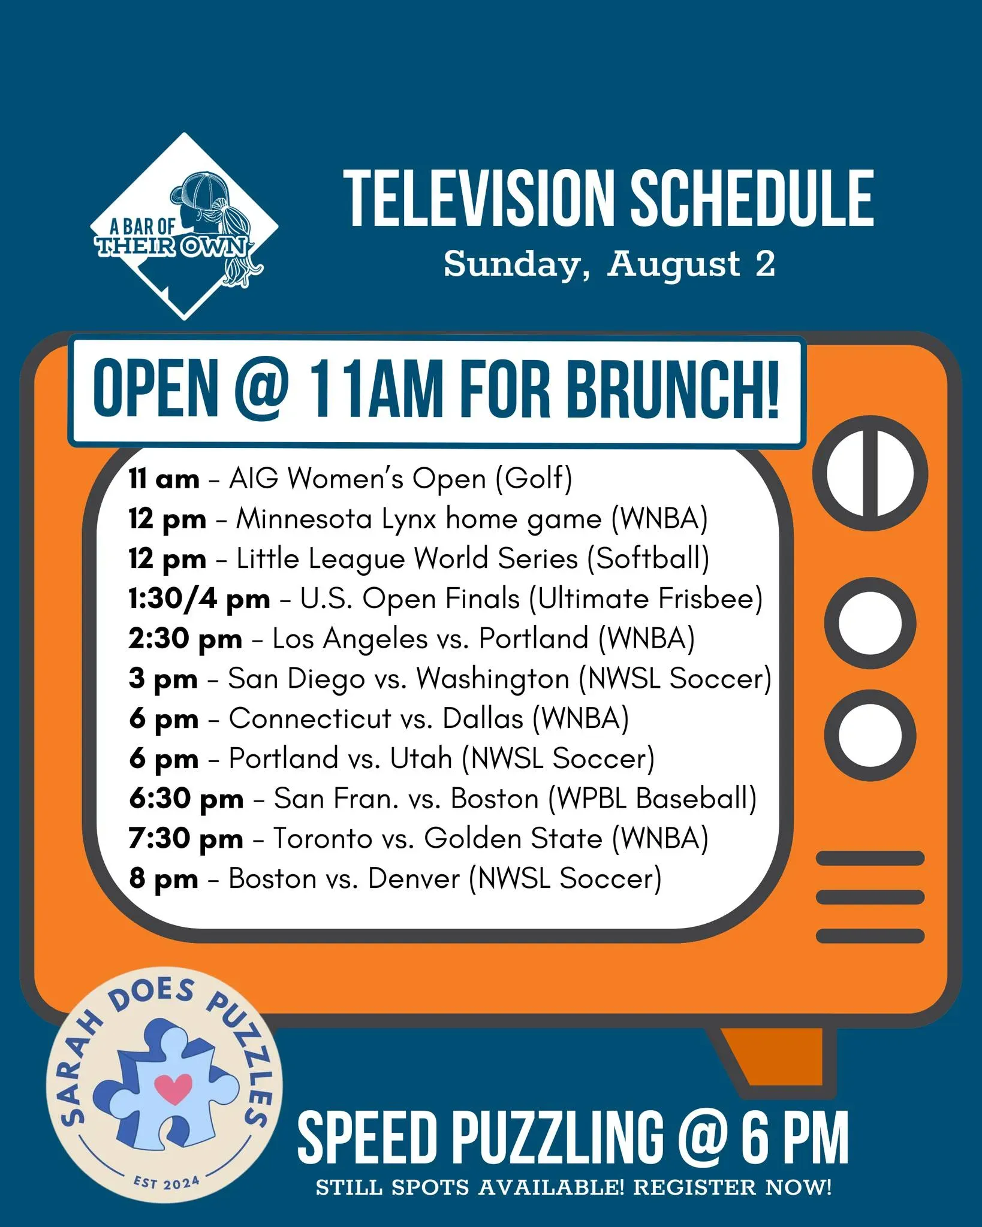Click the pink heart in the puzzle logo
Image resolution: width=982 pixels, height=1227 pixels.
click(173, 1089)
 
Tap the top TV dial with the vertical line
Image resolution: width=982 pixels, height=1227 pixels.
click(870, 473)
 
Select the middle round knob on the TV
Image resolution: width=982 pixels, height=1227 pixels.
click(870, 623)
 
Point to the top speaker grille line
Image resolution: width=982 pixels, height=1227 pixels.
click(870, 859)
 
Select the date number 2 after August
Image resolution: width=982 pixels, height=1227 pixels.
click(765, 264)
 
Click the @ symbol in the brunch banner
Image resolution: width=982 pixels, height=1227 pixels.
click(259, 389)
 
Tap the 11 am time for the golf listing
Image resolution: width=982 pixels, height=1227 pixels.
click(164, 479)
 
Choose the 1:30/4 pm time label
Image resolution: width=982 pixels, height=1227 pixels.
click(199, 599)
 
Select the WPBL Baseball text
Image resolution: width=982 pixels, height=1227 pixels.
click(652, 798)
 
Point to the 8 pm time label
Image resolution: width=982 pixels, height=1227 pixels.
click(164, 879)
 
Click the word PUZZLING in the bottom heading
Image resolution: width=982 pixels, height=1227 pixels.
click(558, 1137)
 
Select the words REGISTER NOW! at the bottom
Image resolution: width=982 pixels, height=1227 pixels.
click(733, 1187)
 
